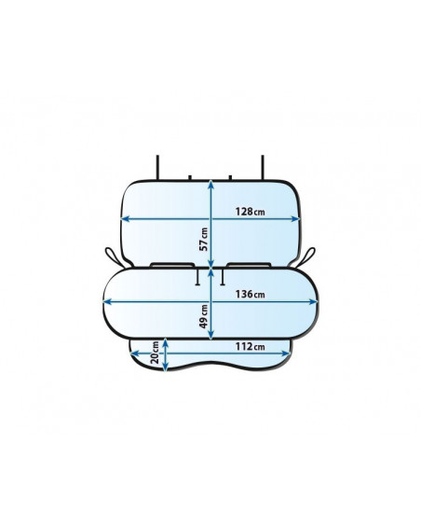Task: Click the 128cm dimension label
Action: tap(250, 212)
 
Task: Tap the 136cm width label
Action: tap(250, 295)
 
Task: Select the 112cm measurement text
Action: tap(250, 346)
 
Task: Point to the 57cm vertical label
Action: tap(203, 240)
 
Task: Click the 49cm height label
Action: tap(203, 316)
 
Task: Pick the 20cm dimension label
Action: tap(155, 353)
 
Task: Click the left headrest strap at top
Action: tap(157, 167)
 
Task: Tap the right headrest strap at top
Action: tap(263, 167)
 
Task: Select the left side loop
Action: tap(115, 257)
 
